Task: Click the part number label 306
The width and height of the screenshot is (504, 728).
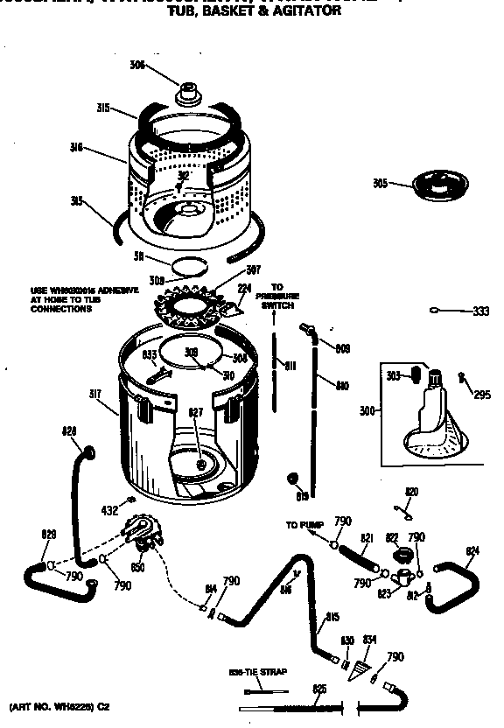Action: click(x=136, y=65)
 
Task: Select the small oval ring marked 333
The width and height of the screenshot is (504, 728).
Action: click(x=435, y=311)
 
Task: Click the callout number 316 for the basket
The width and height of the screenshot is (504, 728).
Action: click(x=77, y=148)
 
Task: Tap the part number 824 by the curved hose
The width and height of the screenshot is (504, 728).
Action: click(x=472, y=550)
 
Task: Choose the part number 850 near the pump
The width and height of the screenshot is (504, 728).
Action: click(x=136, y=567)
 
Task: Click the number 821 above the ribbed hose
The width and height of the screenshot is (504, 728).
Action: click(x=367, y=538)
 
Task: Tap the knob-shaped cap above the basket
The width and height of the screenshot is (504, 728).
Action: click(x=188, y=91)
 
